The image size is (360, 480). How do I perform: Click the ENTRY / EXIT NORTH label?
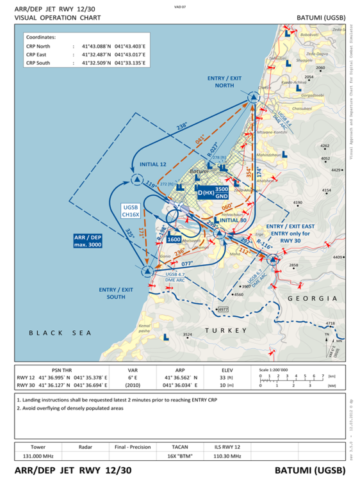click(225, 81)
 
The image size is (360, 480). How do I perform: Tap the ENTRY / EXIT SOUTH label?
click(116, 293)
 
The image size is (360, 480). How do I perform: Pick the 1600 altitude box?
click(173, 239)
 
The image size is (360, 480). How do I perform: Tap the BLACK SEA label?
click(60, 333)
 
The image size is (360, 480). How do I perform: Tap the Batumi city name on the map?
click(200, 172)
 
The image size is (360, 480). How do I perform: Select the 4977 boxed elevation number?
click(224, 309)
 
